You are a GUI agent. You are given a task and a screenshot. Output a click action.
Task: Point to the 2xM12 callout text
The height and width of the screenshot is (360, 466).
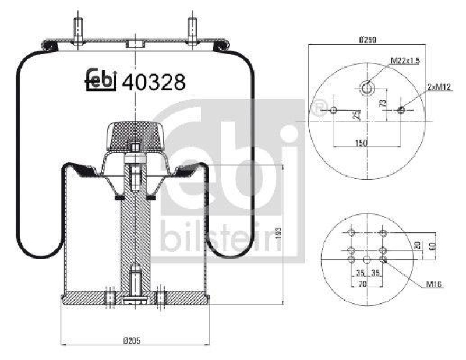[x=440, y=86]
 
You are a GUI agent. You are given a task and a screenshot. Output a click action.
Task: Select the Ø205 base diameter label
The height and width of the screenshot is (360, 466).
[x=135, y=340]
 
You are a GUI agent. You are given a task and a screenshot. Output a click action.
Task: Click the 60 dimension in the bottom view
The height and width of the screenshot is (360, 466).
[x=432, y=245]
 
